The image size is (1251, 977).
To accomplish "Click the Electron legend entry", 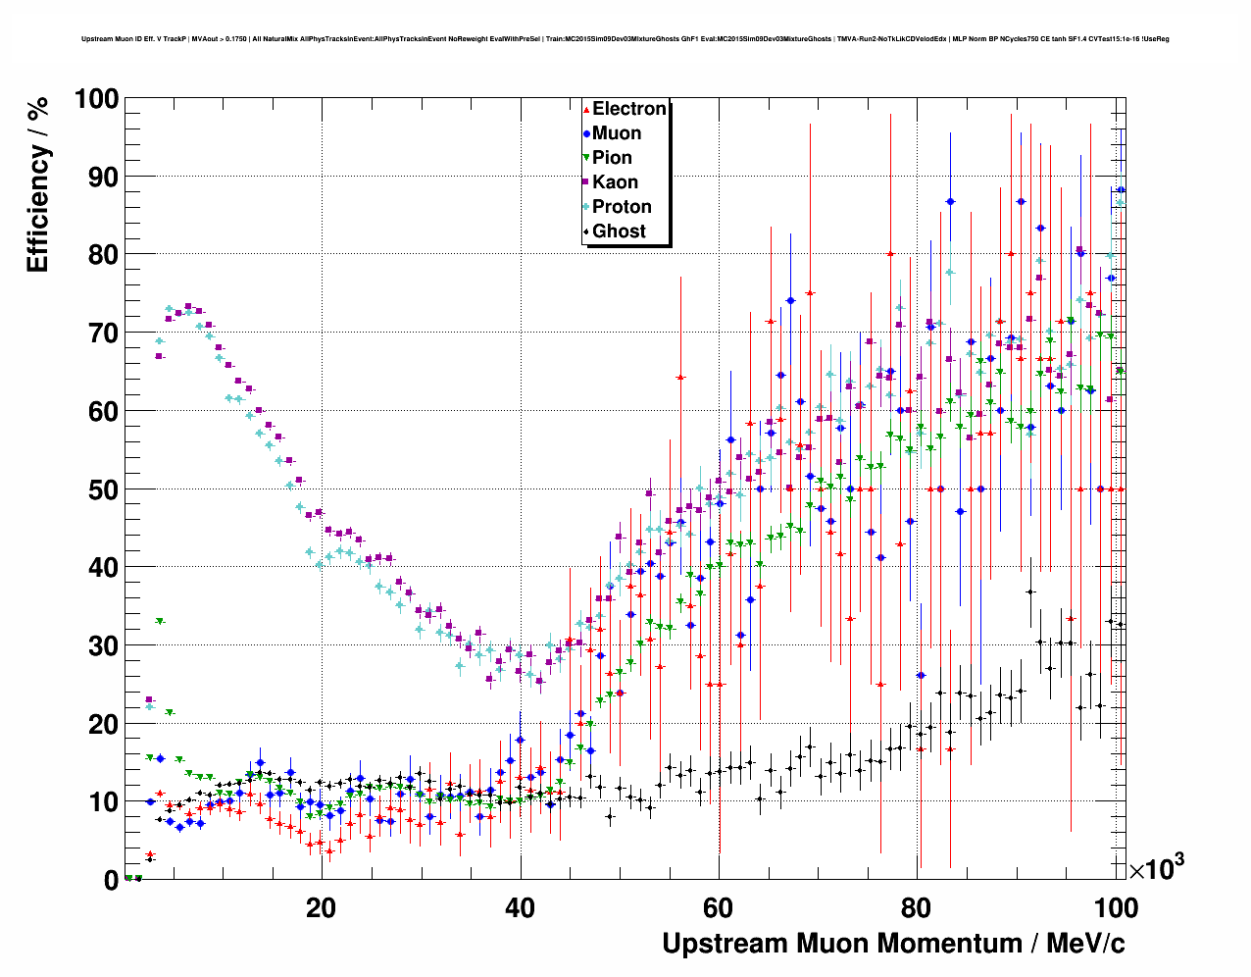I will tap(628, 109).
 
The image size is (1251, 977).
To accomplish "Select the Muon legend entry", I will tap(617, 133).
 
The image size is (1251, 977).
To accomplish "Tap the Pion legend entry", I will tap(612, 158).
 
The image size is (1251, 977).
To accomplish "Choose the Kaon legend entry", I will tap(615, 182).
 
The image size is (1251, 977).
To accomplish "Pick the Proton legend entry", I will tap(622, 207).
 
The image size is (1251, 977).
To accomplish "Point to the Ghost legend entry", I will tap(619, 231).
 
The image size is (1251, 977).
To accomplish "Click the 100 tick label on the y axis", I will tap(95, 99).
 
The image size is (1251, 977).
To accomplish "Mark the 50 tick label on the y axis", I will tap(103, 489).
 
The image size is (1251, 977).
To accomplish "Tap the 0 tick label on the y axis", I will tap(111, 880).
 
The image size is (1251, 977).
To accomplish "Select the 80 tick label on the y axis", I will tap(103, 255).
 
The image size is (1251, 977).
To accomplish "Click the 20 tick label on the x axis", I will tap(321, 907).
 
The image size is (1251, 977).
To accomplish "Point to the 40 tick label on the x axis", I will tap(520, 907).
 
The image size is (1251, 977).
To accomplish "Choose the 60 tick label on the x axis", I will tap(719, 907).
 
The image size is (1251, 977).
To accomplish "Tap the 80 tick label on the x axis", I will tap(917, 907).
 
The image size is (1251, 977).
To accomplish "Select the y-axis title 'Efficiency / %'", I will tap(37, 185).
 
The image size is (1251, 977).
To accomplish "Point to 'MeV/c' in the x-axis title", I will tap(1085, 944).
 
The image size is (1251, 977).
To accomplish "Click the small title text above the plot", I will tap(625, 39).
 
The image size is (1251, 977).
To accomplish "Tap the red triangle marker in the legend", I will tap(586, 109).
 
